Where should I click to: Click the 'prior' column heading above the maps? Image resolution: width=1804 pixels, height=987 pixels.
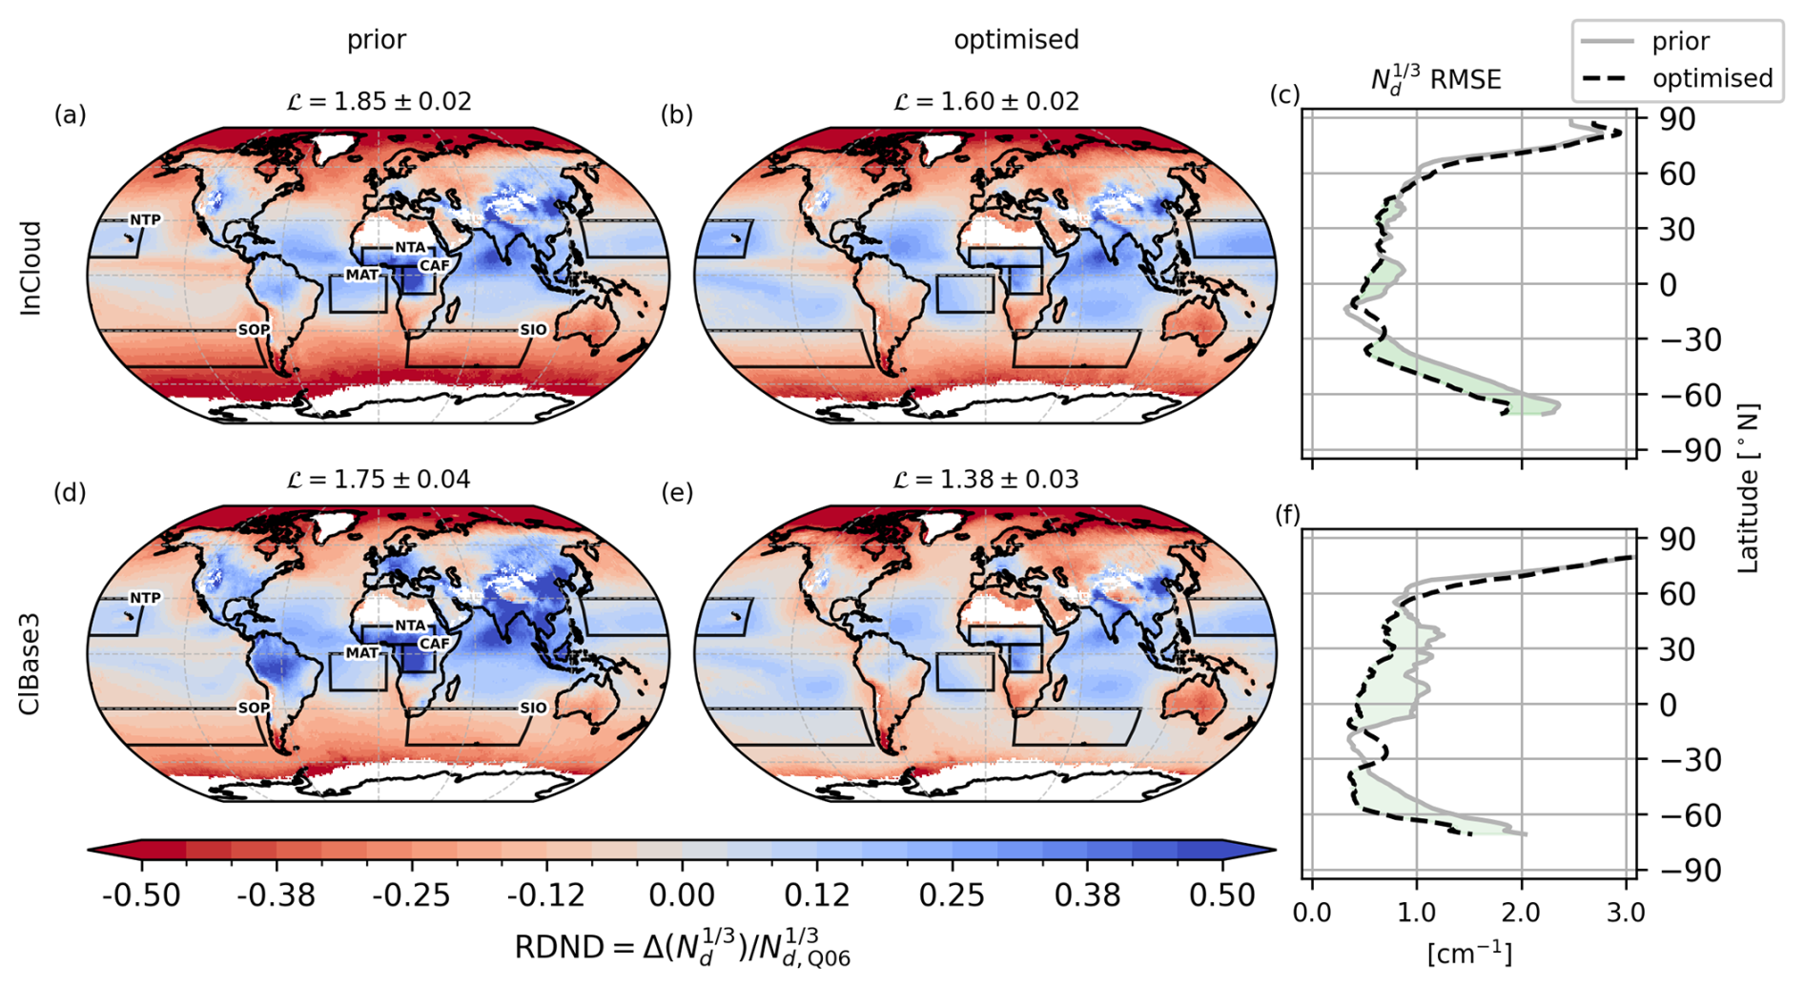pos(377,40)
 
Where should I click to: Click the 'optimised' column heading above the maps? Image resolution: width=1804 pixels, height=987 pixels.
pos(1016,40)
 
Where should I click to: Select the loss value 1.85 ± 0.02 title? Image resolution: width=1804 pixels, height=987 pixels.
pos(379,101)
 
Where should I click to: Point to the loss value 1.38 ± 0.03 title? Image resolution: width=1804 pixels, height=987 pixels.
pos(986,479)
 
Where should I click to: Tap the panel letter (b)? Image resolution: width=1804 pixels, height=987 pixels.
pos(676,114)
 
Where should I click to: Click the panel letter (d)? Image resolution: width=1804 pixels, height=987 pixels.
pos(70,492)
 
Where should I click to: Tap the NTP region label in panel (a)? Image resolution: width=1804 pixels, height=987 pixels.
pos(145,220)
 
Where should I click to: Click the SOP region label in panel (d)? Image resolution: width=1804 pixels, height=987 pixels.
pos(254,708)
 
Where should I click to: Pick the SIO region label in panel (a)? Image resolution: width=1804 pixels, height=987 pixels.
pos(533,330)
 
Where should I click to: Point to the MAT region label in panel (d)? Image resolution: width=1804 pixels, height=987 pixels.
pos(361,653)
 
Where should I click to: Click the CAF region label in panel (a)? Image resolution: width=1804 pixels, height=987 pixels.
pos(434,265)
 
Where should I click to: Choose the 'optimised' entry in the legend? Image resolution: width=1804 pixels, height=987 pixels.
pos(1712,78)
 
